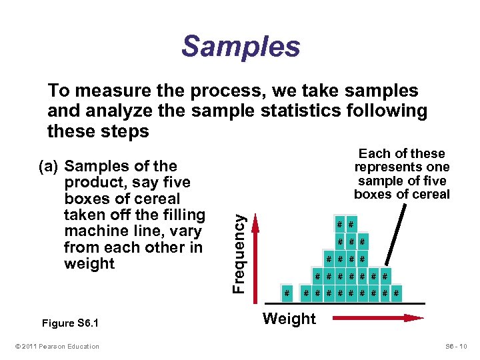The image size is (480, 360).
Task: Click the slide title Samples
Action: coord(241,47)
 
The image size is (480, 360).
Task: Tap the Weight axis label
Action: coord(289,319)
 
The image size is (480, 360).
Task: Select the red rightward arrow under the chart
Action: coord(379,319)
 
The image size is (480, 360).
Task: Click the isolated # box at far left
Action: coord(287,293)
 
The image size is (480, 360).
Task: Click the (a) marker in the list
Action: coord(51,167)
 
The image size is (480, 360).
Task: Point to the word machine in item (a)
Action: coord(94,231)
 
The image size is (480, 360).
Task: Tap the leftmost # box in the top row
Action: coord(340,224)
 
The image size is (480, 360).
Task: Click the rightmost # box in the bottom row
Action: coord(397,293)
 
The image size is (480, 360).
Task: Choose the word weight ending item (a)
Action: coord(89,263)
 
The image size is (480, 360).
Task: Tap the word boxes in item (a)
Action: coord(89,199)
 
